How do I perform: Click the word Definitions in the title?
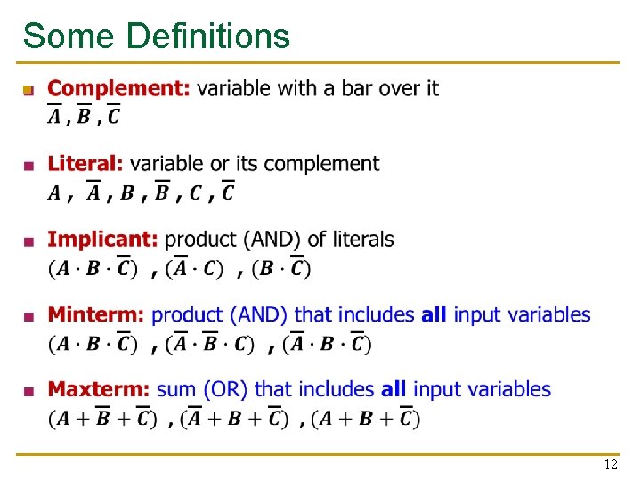(x=208, y=37)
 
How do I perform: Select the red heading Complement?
(x=118, y=88)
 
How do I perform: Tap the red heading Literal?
(x=85, y=164)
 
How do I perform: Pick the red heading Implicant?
(x=102, y=240)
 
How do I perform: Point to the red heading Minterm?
(x=95, y=314)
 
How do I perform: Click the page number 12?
(x=611, y=465)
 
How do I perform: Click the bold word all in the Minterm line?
(x=434, y=314)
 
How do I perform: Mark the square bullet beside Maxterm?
(x=30, y=391)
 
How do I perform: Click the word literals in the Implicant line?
(x=360, y=240)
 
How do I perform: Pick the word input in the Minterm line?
(x=480, y=315)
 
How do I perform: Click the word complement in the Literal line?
(x=322, y=165)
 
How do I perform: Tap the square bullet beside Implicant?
(x=30, y=240)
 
